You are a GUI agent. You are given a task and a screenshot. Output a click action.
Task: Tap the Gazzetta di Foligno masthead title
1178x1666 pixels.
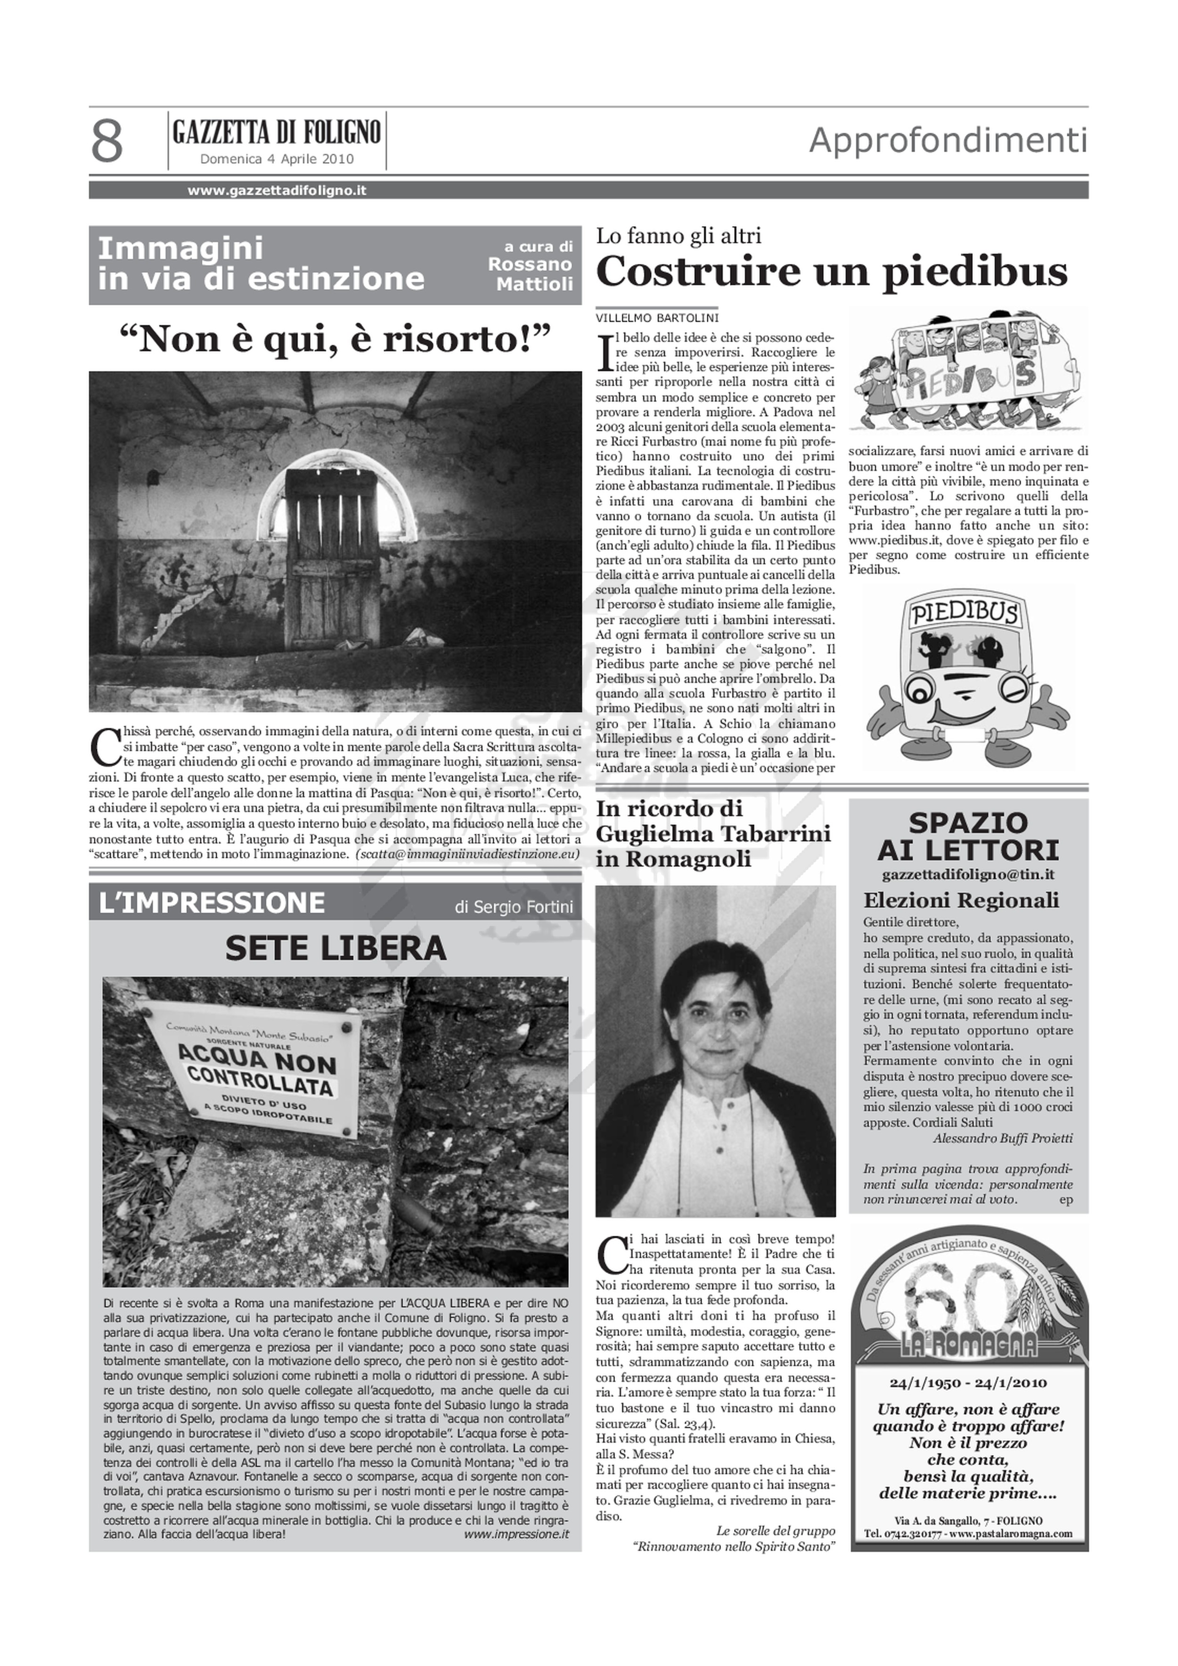tap(277, 133)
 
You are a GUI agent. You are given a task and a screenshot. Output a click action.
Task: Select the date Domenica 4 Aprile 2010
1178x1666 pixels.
tap(277, 159)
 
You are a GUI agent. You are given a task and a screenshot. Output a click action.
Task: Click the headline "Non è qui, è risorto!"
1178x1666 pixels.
tap(335, 339)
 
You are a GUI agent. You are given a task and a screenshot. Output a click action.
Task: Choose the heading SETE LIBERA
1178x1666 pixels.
tap(335, 948)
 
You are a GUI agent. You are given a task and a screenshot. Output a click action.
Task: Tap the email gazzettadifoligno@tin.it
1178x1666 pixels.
tap(968, 876)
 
